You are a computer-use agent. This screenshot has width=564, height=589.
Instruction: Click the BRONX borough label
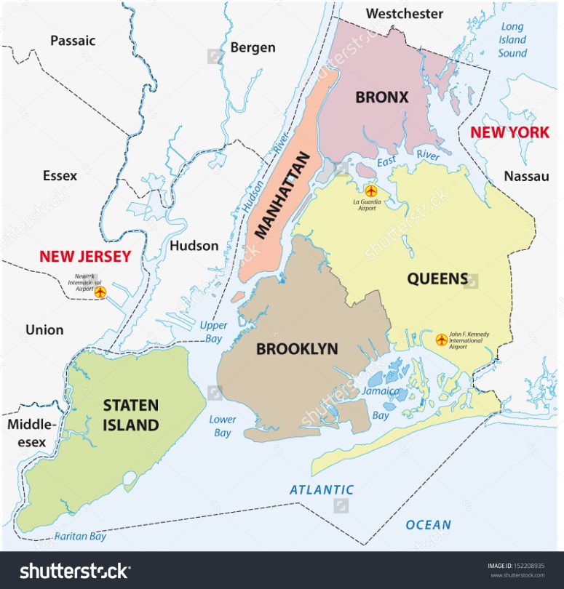[381, 97]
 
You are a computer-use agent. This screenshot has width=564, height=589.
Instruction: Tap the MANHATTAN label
[284, 196]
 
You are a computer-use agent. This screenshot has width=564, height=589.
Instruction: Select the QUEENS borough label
[437, 278]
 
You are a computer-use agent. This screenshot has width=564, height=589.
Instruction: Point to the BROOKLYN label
[297, 349]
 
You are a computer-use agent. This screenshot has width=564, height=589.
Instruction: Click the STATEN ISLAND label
[131, 415]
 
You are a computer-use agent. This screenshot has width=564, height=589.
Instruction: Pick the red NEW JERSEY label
[85, 256]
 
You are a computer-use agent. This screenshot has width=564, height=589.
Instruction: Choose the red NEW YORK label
[509, 132]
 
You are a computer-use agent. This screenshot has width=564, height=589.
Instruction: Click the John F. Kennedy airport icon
[441, 339]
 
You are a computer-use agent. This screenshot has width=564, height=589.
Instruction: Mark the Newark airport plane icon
[100, 292]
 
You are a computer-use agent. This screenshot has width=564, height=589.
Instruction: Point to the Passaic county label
[73, 41]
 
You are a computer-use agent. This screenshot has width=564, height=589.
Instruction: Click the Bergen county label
[253, 48]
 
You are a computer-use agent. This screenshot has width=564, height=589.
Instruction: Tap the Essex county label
[60, 175]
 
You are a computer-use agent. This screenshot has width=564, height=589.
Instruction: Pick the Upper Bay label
[213, 331]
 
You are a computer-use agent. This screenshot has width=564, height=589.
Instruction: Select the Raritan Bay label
[80, 537]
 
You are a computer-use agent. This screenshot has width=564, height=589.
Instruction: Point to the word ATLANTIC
[322, 490]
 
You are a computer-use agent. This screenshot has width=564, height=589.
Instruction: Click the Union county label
[44, 329]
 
